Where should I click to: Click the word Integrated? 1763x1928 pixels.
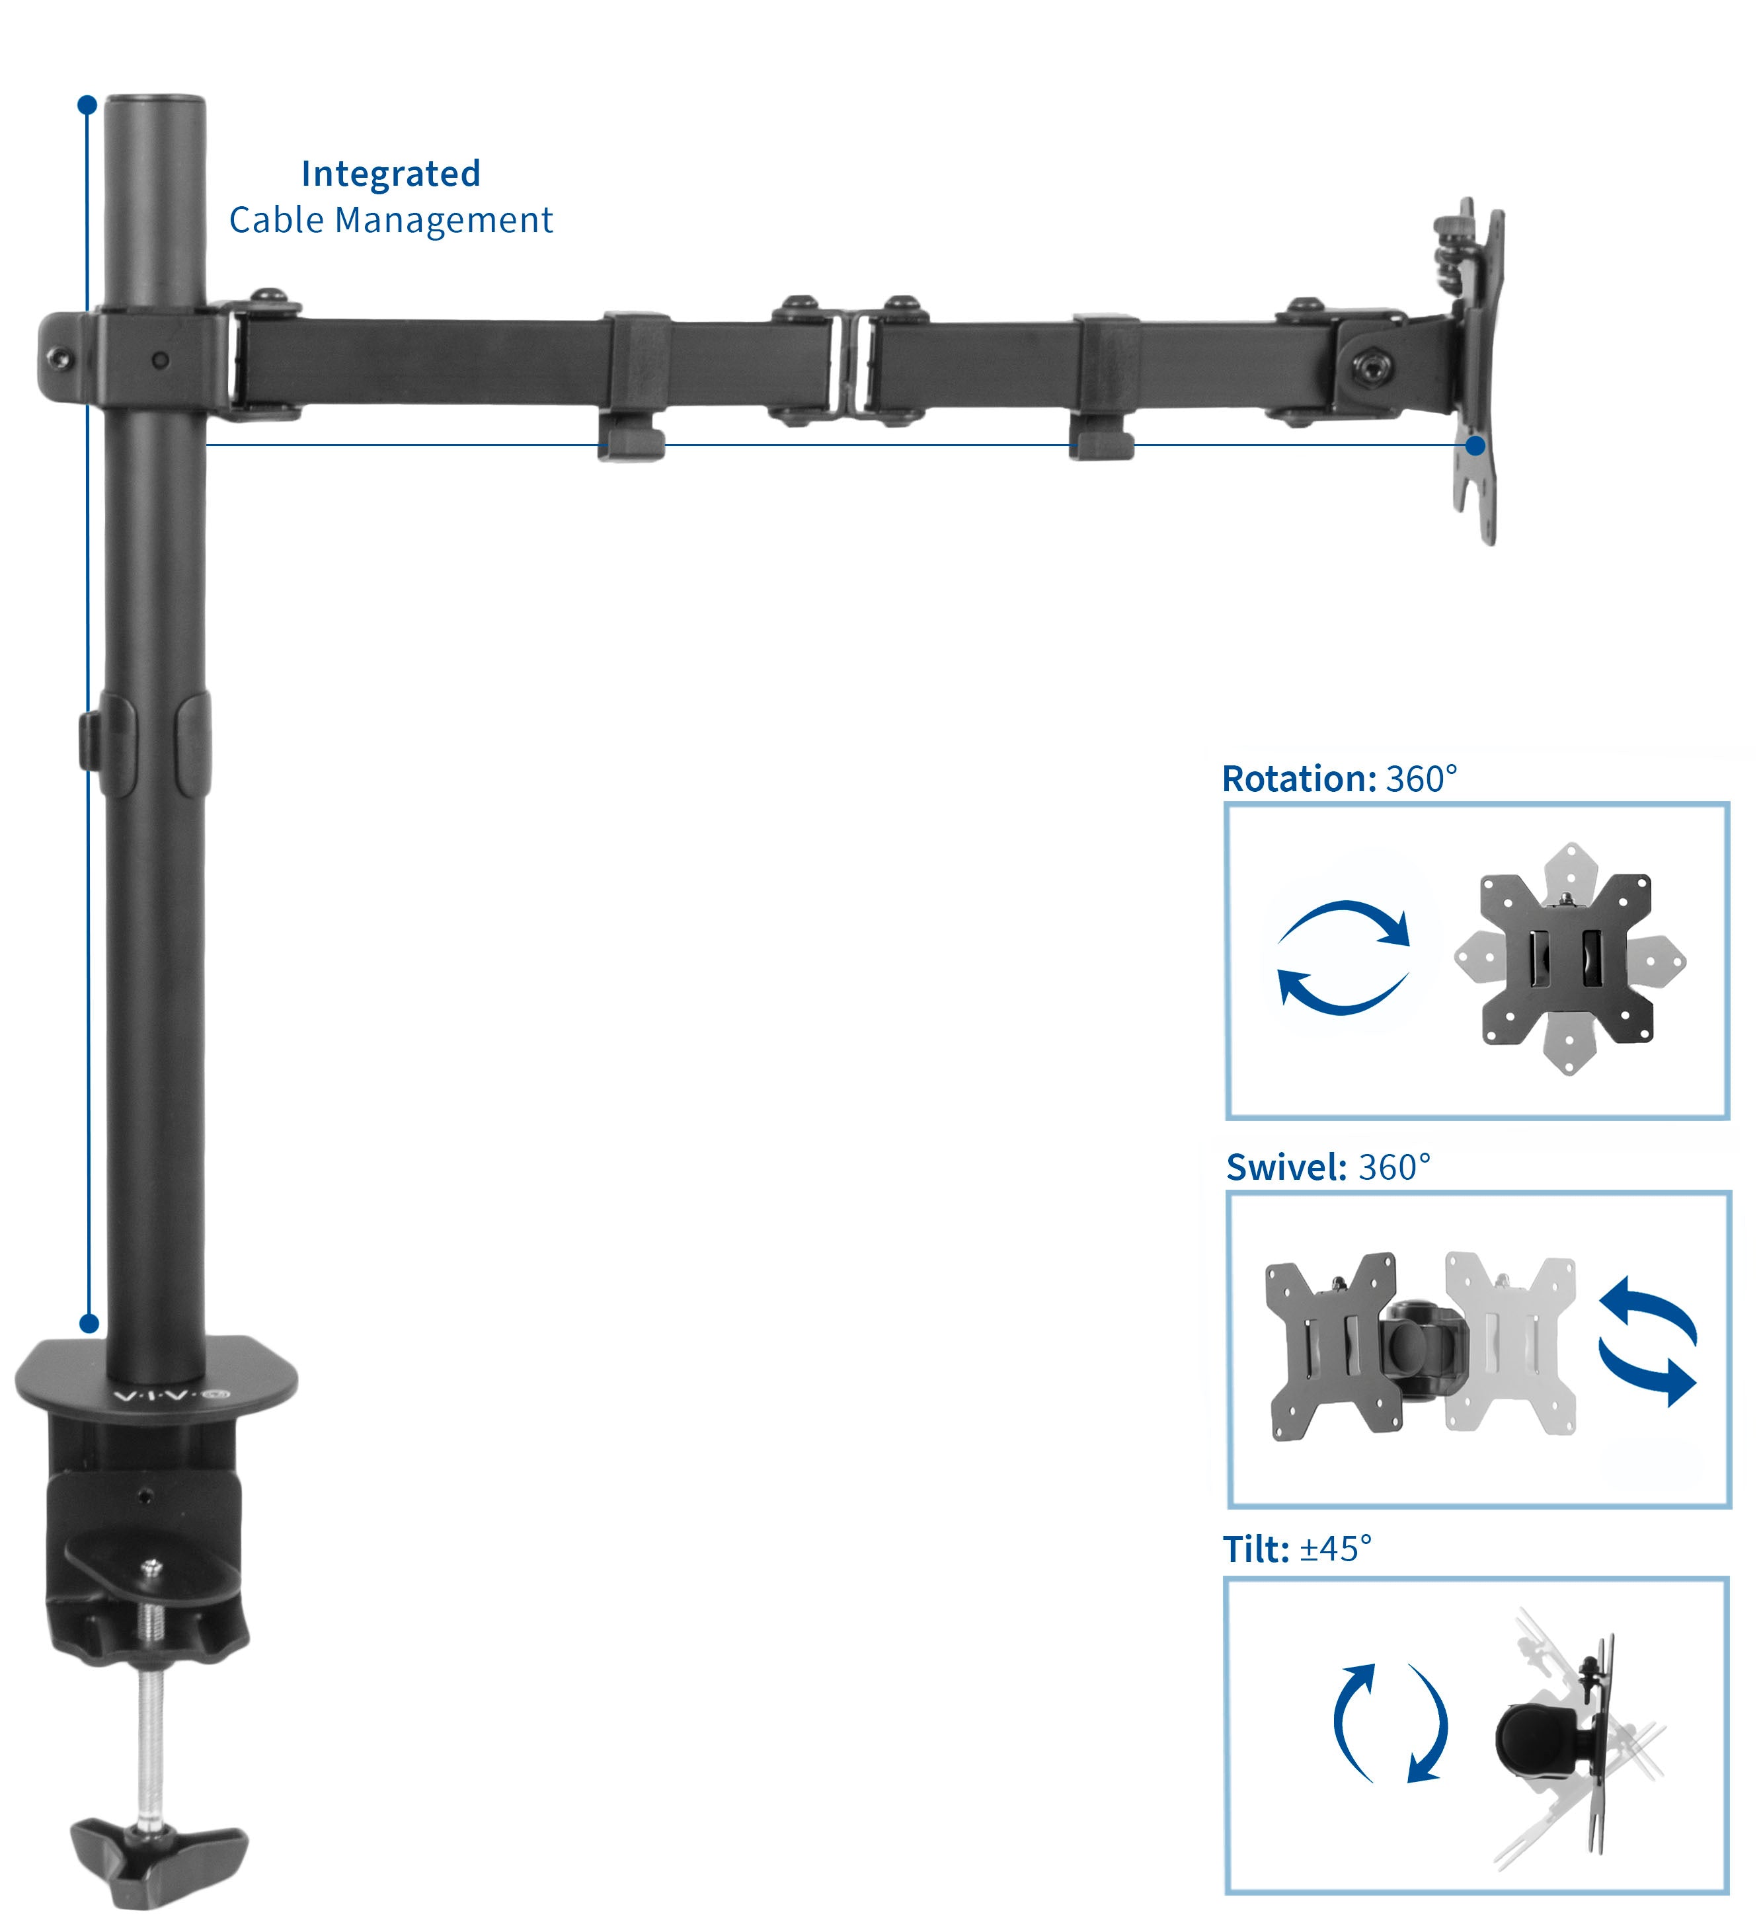(x=390, y=174)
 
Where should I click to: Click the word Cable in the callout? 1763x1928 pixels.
(x=276, y=221)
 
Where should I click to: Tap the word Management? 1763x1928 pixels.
(x=444, y=221)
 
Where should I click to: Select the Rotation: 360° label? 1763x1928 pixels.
(x=1339, y=779)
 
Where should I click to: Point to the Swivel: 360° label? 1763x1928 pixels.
(x=1328, y=1168)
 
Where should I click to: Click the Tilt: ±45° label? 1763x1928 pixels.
(x=1296, y=1549)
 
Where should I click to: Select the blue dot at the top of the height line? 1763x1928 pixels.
(x=87, y=104)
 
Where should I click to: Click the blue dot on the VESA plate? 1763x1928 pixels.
(x=1476, y=445)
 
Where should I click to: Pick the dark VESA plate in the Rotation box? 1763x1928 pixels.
(x=1565, y=959)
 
